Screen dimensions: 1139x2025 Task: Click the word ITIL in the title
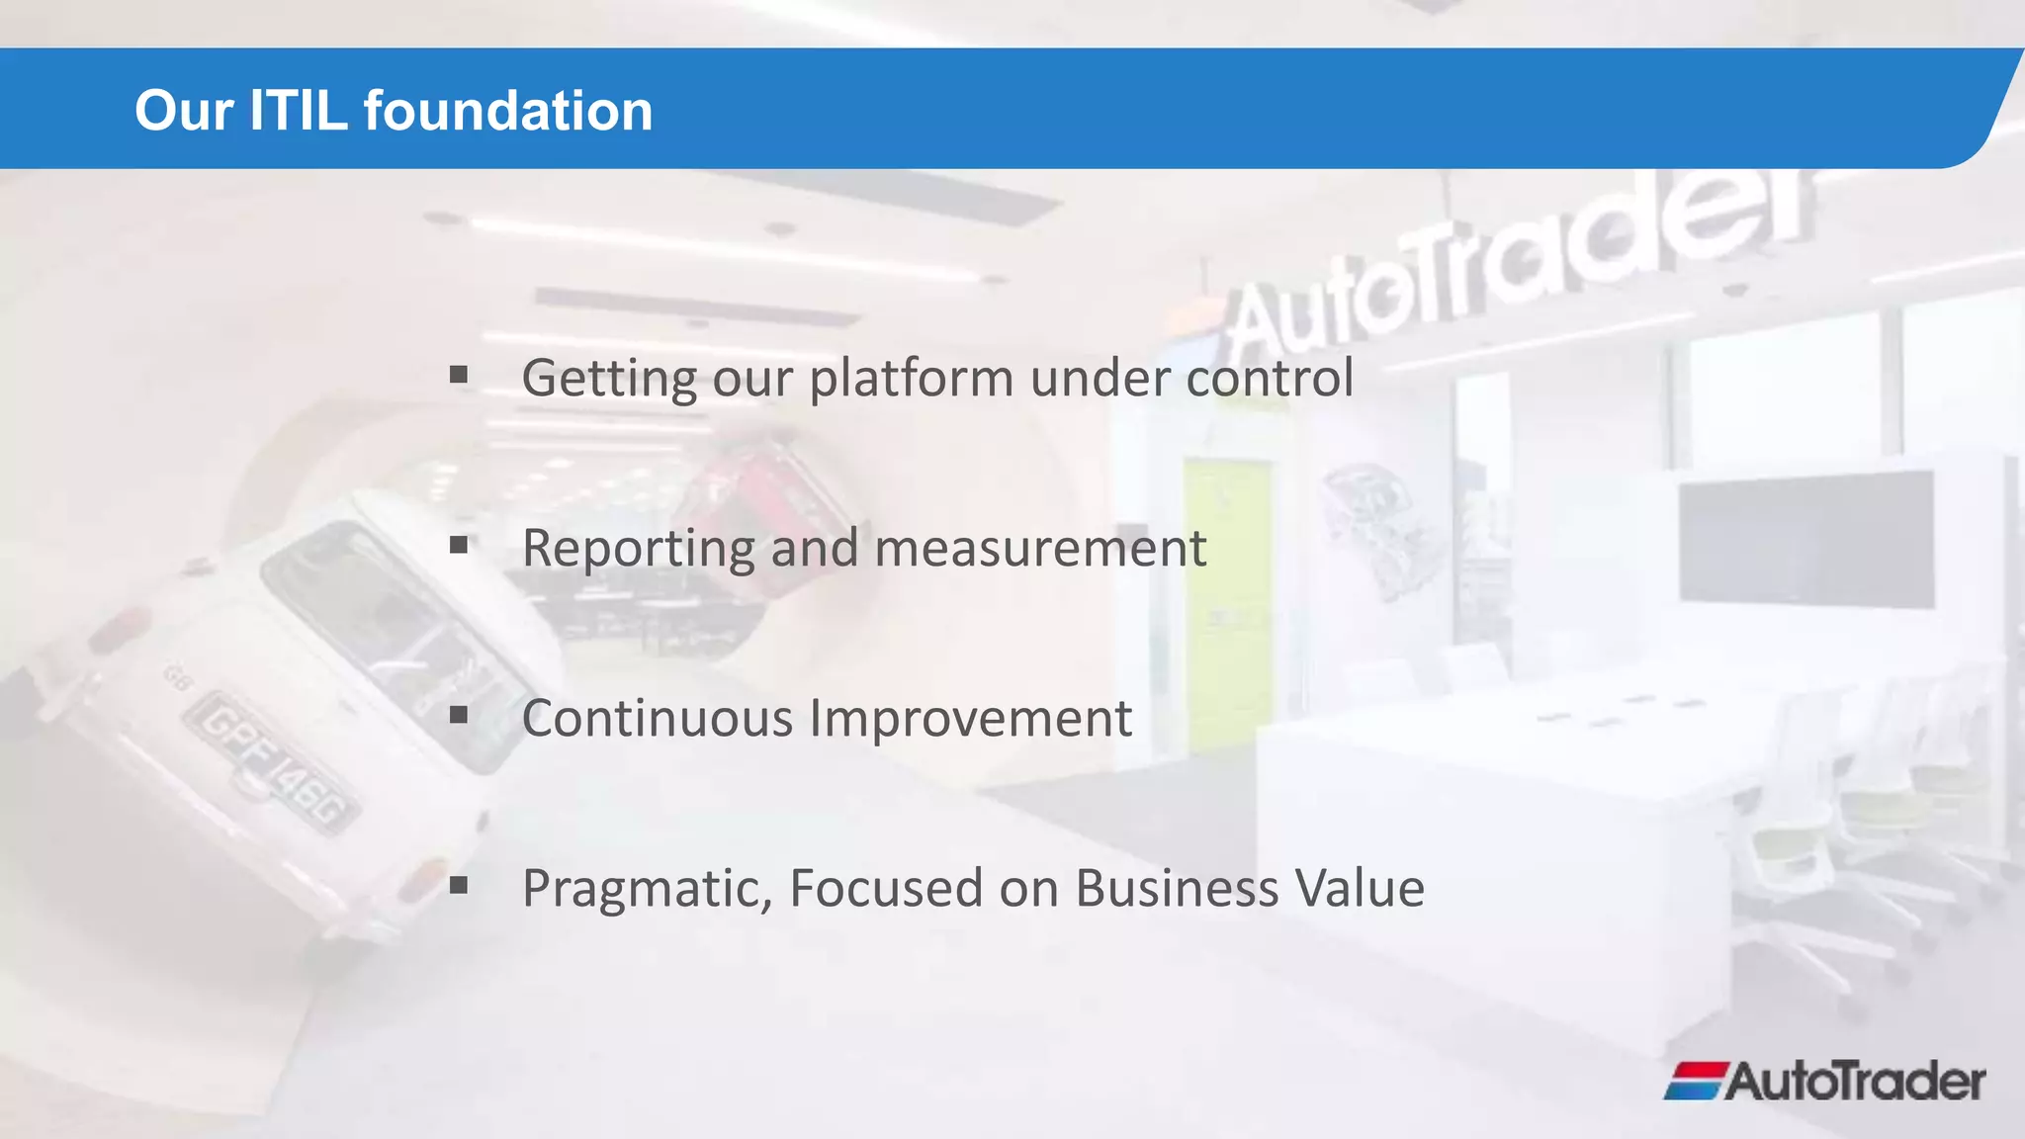click(298, 110)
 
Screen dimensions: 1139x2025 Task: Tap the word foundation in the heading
click(508, 110)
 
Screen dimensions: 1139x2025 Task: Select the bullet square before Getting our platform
click(458, 375)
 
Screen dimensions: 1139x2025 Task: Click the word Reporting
click(638, 549)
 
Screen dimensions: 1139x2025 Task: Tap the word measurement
click(1040, 549)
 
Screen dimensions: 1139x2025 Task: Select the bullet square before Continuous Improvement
click(458, 715)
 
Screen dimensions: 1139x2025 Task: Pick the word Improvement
click(971, 720)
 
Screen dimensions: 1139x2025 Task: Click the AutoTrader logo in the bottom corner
click(1825, 1081)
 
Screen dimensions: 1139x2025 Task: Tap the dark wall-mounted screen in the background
click(1805, 539)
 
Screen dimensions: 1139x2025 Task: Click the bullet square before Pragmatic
click(458, 885)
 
